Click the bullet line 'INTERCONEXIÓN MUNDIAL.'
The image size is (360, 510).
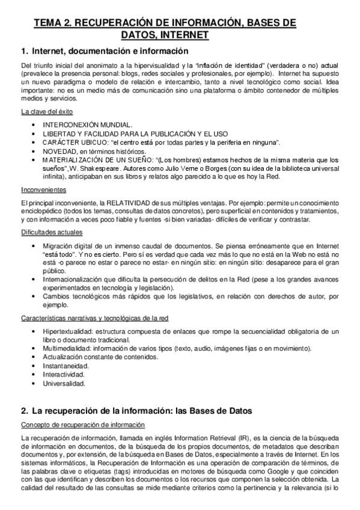click(83, 124)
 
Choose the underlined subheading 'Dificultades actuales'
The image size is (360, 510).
click(52, 232)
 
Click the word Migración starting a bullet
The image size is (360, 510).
click(59, 246)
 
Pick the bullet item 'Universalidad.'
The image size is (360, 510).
click(64, 382)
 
